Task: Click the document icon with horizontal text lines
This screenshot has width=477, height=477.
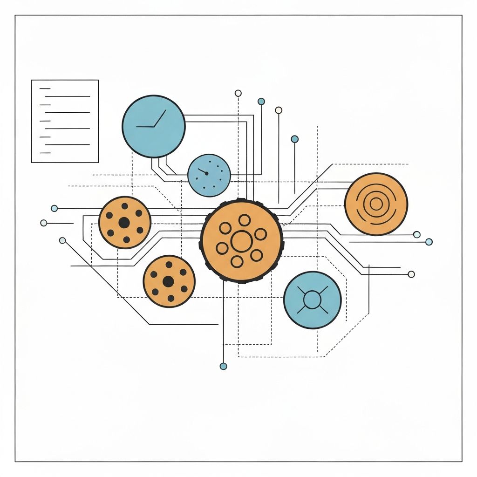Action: [65, 121]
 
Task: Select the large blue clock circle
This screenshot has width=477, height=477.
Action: [154, 126]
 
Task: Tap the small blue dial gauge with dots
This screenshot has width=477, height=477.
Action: [209, 175]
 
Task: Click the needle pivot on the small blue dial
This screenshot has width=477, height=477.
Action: [206, 173]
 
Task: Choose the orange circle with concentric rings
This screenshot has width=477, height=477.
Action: [376, 204]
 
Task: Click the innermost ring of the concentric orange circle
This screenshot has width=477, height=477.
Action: [376, 204]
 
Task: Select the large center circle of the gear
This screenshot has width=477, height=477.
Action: [241, 241]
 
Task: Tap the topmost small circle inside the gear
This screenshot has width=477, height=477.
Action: [244, 220]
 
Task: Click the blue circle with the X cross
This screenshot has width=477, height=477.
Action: [312, 300]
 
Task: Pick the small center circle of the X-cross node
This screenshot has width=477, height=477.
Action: [312, 299]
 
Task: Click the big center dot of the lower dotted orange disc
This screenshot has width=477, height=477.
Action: [168, 281]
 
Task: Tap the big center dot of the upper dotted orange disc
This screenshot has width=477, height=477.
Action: [124, 223]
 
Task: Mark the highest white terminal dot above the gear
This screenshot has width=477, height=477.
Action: [238, 93]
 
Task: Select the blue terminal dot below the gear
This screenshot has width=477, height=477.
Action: [223, 366]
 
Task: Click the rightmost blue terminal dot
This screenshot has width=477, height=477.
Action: [429, 242]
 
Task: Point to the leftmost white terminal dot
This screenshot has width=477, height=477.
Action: [44, 223]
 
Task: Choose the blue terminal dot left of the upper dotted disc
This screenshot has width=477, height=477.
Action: [55, 208]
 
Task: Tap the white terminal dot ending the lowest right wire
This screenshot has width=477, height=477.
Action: [411, 274]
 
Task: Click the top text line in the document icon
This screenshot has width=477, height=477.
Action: [45, 88]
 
